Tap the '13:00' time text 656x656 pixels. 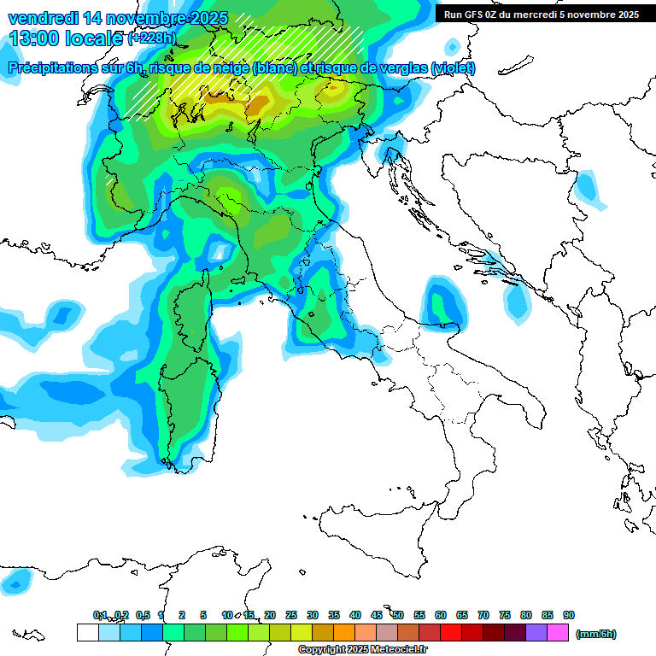point(34,39)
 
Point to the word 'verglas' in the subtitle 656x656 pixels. point(407,68)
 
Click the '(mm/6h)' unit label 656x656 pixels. point(595,634)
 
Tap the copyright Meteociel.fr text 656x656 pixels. point(362,650)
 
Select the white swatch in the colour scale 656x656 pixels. point(87,633)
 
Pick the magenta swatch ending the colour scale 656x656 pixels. point(558,633)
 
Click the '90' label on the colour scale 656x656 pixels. point(568,615)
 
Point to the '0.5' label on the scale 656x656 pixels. point(143,615)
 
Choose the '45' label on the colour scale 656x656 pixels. point(377,615)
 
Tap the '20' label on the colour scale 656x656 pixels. point(270,615)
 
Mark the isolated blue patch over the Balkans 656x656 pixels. point(588,188)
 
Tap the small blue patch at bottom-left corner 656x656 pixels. point(15,583)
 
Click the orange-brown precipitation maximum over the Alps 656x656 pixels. point(259,106)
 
